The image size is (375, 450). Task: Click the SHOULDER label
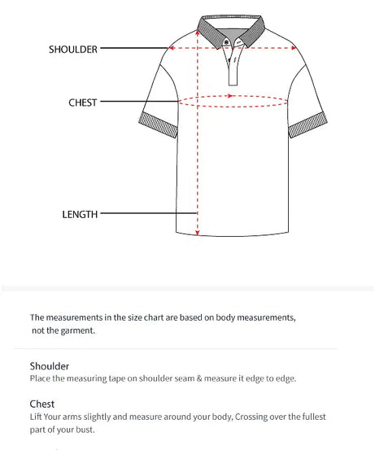[x=72, y=49]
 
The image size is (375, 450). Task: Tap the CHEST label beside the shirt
[x=82, y=103]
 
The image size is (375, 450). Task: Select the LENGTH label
[x=80, y=215]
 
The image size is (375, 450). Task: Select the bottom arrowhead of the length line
[x=197, y=233]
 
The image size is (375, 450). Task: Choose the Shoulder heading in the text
[x=50, y=366]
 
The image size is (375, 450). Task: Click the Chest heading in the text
[x=42, y=404]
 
